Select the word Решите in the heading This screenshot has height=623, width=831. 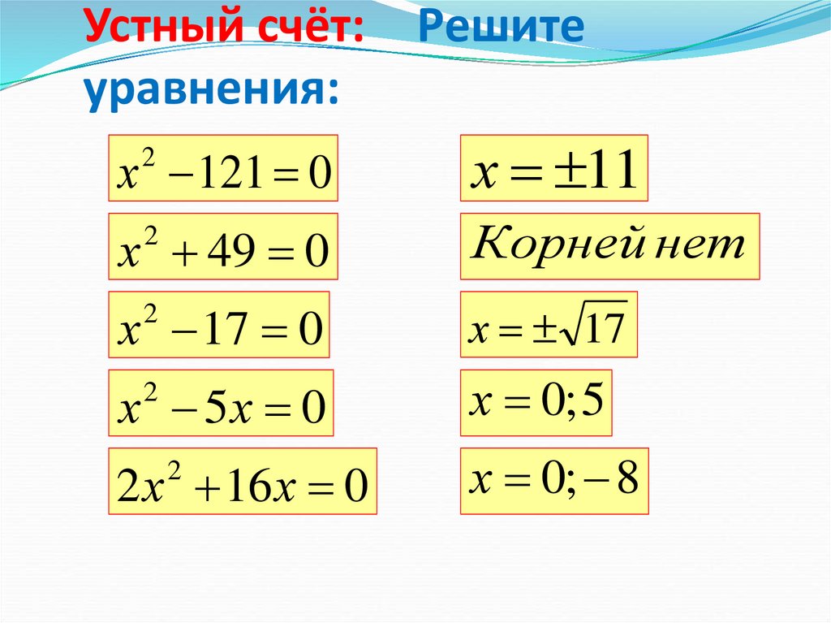point(502,30)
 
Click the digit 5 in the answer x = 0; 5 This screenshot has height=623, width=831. point(591,401)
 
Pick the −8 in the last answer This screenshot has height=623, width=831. point(615,482)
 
